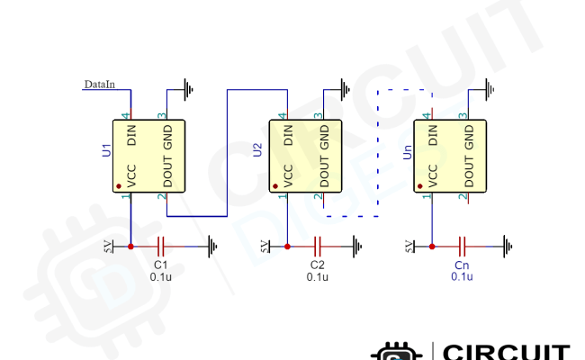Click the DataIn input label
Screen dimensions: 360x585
(98, 85)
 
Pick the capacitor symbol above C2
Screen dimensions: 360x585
(317, 246)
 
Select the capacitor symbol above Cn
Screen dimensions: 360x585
(462, 246)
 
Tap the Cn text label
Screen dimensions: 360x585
(462, 265)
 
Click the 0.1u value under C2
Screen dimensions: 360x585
(317, 277)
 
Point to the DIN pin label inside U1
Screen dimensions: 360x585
(132, 136)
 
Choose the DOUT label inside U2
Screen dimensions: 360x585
(321, 173)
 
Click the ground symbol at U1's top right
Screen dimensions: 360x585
(188, 88)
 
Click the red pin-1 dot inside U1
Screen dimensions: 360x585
(120, 187)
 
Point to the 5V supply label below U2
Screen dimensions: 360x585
(266, 246)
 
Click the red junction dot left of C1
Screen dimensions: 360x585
(131, 246)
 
